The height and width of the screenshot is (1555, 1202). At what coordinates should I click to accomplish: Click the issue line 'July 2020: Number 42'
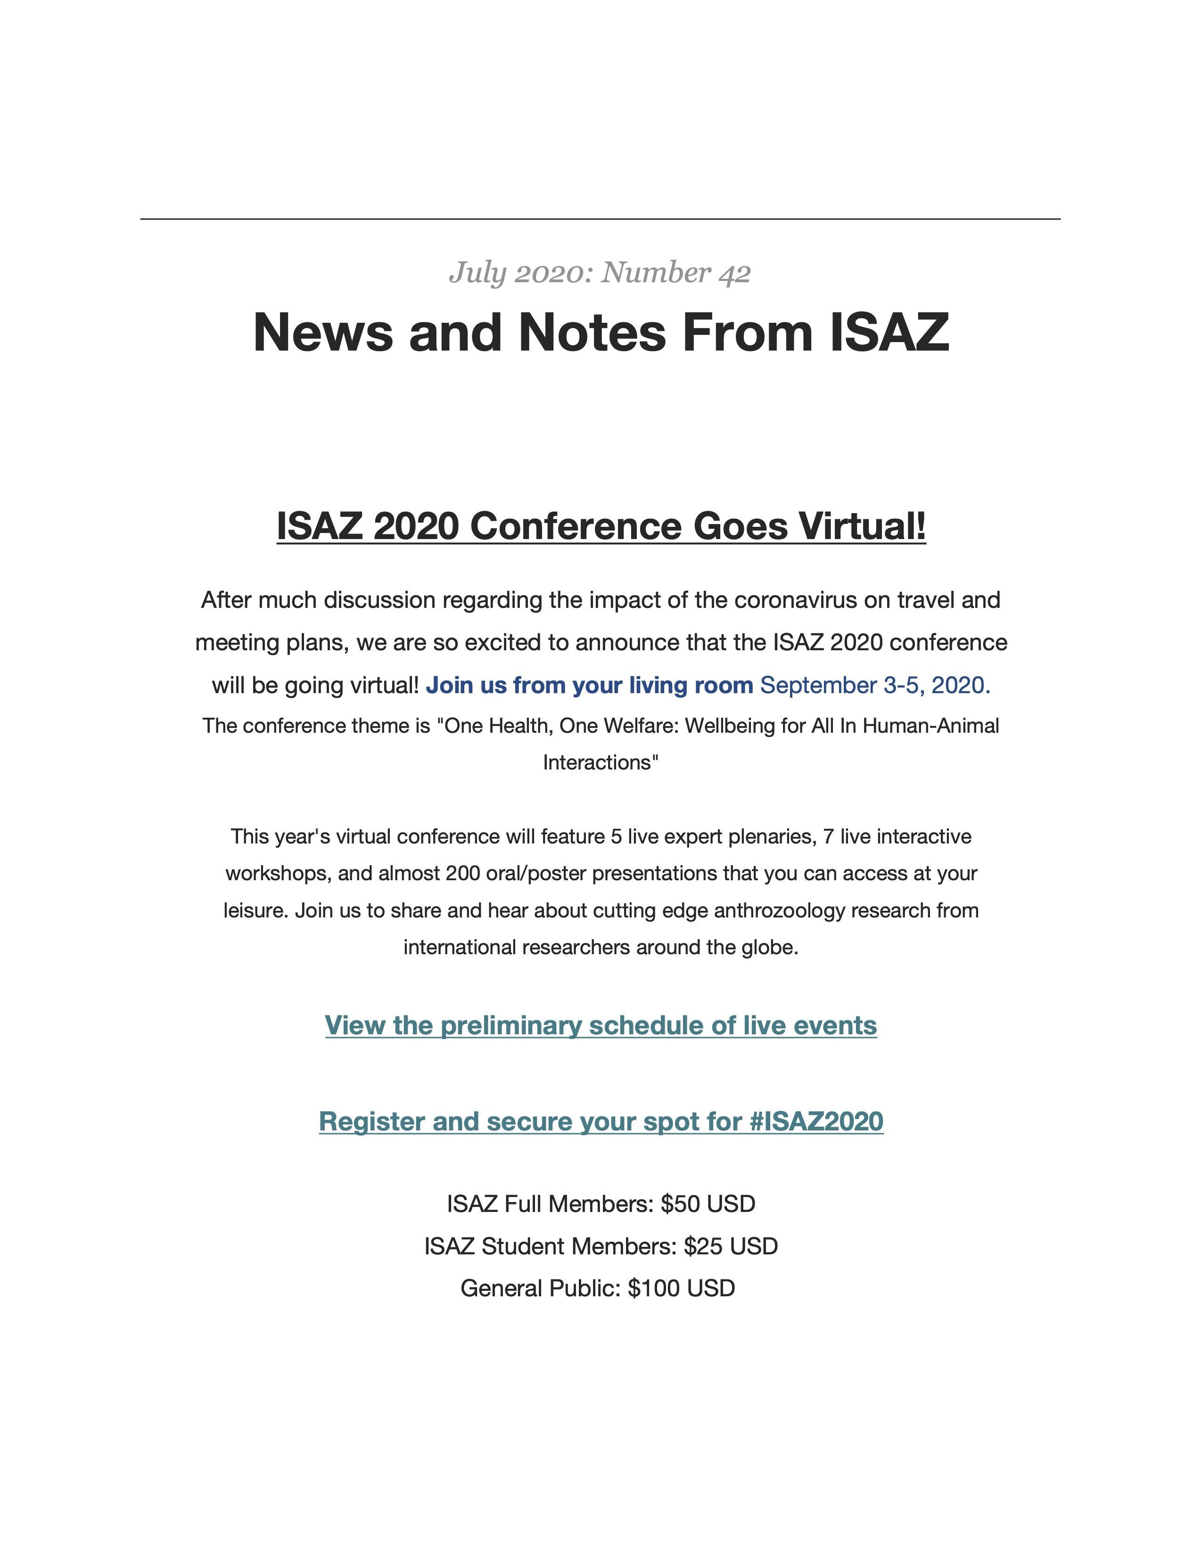(x=600, y=273)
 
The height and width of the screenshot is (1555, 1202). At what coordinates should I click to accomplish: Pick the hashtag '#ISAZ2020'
(x=816, y=1121)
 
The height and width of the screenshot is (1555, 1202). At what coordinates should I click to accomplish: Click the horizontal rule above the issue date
(x=600, y=219)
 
